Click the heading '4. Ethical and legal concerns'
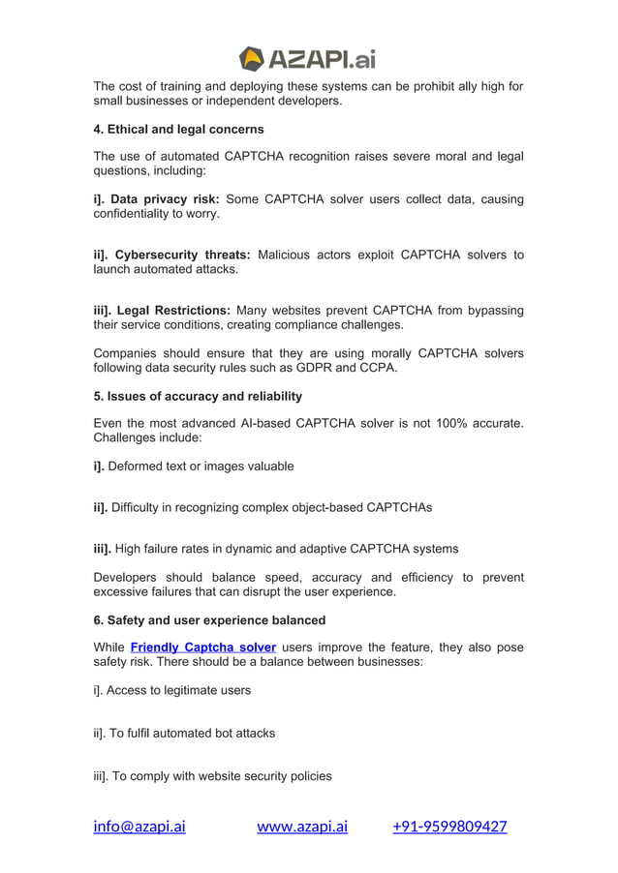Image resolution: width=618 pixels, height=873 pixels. coord(178,129)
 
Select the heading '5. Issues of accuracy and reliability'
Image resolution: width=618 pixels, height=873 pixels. coord(198,396)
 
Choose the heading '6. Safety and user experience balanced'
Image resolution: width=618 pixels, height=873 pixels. coord(209,619)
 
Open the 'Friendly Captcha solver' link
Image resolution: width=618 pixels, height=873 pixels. coord(203,647)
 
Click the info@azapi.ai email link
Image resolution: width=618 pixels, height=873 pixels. coord(139,827)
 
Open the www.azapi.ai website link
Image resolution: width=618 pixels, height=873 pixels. coord(302,827)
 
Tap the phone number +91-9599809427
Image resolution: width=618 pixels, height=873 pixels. coord(449,827)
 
